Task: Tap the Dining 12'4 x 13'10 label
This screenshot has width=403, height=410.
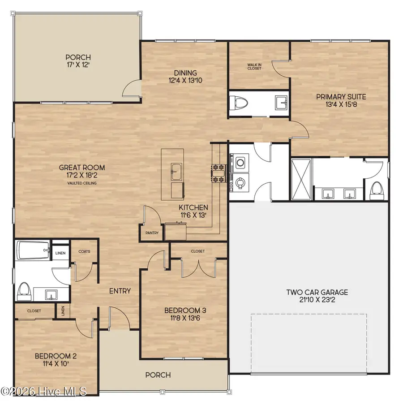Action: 185,77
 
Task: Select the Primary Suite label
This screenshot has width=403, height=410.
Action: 341,100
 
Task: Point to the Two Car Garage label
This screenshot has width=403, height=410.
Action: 317,296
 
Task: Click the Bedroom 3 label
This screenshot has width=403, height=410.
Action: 185,314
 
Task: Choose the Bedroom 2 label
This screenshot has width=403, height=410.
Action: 56,360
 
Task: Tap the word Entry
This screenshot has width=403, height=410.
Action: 120,291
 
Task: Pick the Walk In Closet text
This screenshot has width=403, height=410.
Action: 254,67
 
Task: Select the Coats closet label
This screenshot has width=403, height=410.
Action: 84,251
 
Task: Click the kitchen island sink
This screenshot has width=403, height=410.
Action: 175,170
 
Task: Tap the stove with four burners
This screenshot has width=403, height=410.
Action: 218,174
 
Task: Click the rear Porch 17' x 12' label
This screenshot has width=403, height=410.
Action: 78,61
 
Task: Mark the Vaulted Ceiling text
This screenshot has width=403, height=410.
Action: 82,183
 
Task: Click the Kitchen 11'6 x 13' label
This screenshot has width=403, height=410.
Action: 193,211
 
